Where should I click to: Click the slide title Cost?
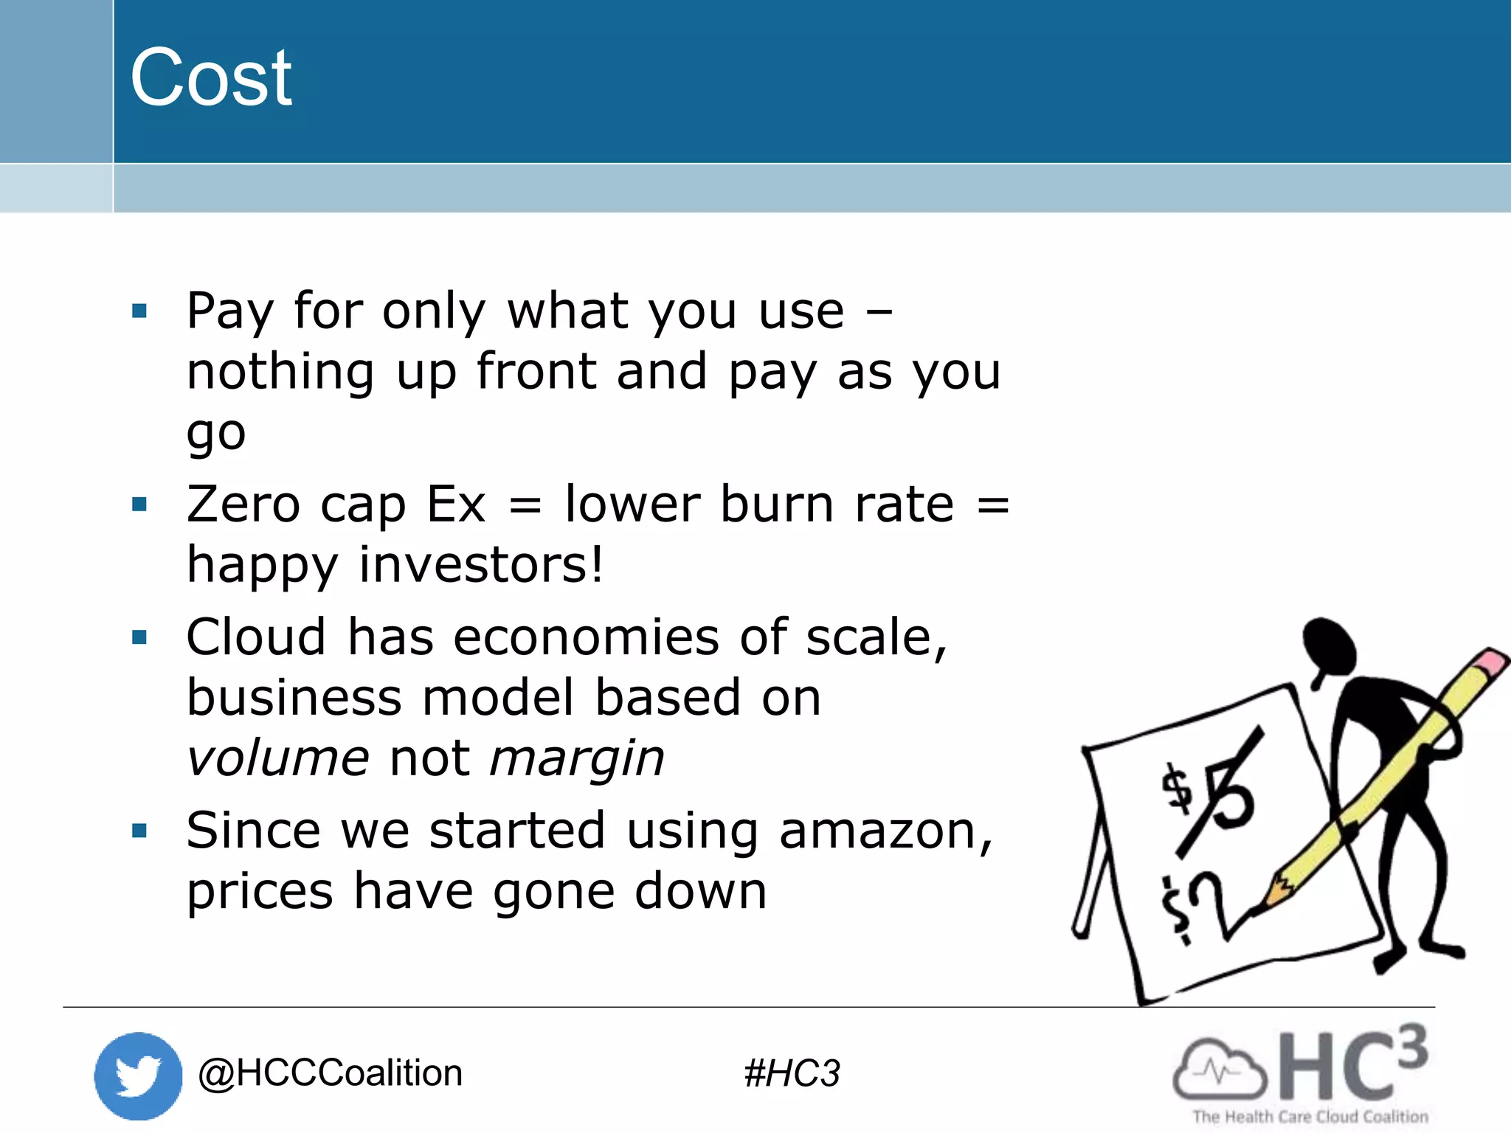[211, 77]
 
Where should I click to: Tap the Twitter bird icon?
[138, 1075]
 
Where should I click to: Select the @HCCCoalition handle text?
[330, 1073]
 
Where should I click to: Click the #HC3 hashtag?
[792, 1073]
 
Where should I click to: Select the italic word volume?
[277, 758]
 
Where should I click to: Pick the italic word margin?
[577, 760]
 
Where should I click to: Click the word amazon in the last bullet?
[885, 831]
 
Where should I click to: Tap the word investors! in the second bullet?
[481, 565]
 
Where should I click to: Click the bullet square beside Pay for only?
[139, 311]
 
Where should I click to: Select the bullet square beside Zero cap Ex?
[139, 505]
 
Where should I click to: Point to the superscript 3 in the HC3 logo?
[1411, 1047]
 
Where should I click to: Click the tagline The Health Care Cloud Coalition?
[1310, 1117]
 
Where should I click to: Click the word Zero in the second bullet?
[243, 505]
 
